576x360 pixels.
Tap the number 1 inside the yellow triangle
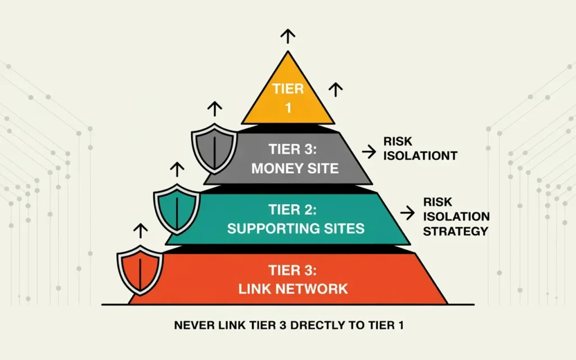(x=288, y=107)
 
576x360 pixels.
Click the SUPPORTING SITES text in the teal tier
(x=288, y=228)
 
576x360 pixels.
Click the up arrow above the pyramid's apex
(x=288, y=37)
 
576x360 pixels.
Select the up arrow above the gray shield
(x=214, y=109)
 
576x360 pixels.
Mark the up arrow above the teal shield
(x=177, y=169)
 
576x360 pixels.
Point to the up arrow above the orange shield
(x=139, y=229)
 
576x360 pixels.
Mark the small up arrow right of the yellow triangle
(x=336, y=89)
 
